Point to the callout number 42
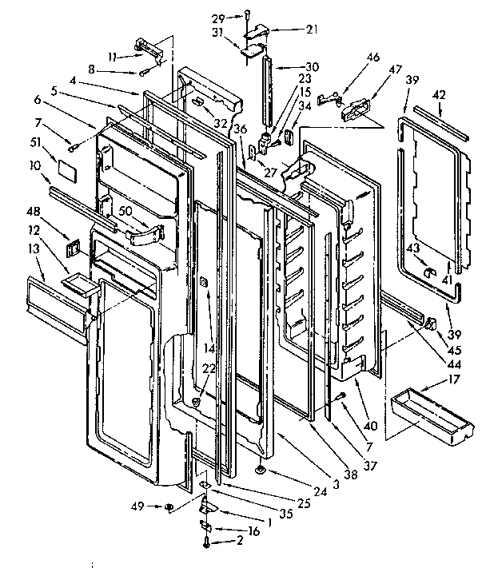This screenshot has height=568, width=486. click(x=439, y=95)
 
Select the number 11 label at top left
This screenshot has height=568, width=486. click(x=113, y=56)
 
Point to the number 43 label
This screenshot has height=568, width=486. click(x=412, y=247)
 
